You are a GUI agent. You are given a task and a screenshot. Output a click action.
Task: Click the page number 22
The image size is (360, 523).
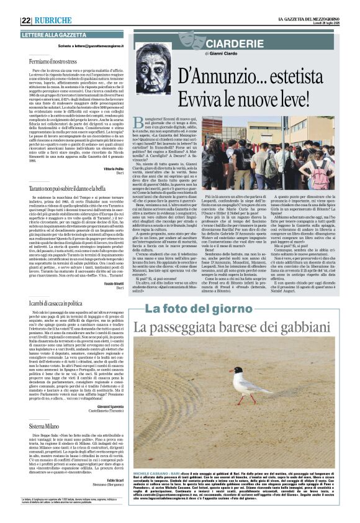(x=26, y=20)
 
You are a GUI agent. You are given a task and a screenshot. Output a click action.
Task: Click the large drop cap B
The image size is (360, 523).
(x=138, y=124)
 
